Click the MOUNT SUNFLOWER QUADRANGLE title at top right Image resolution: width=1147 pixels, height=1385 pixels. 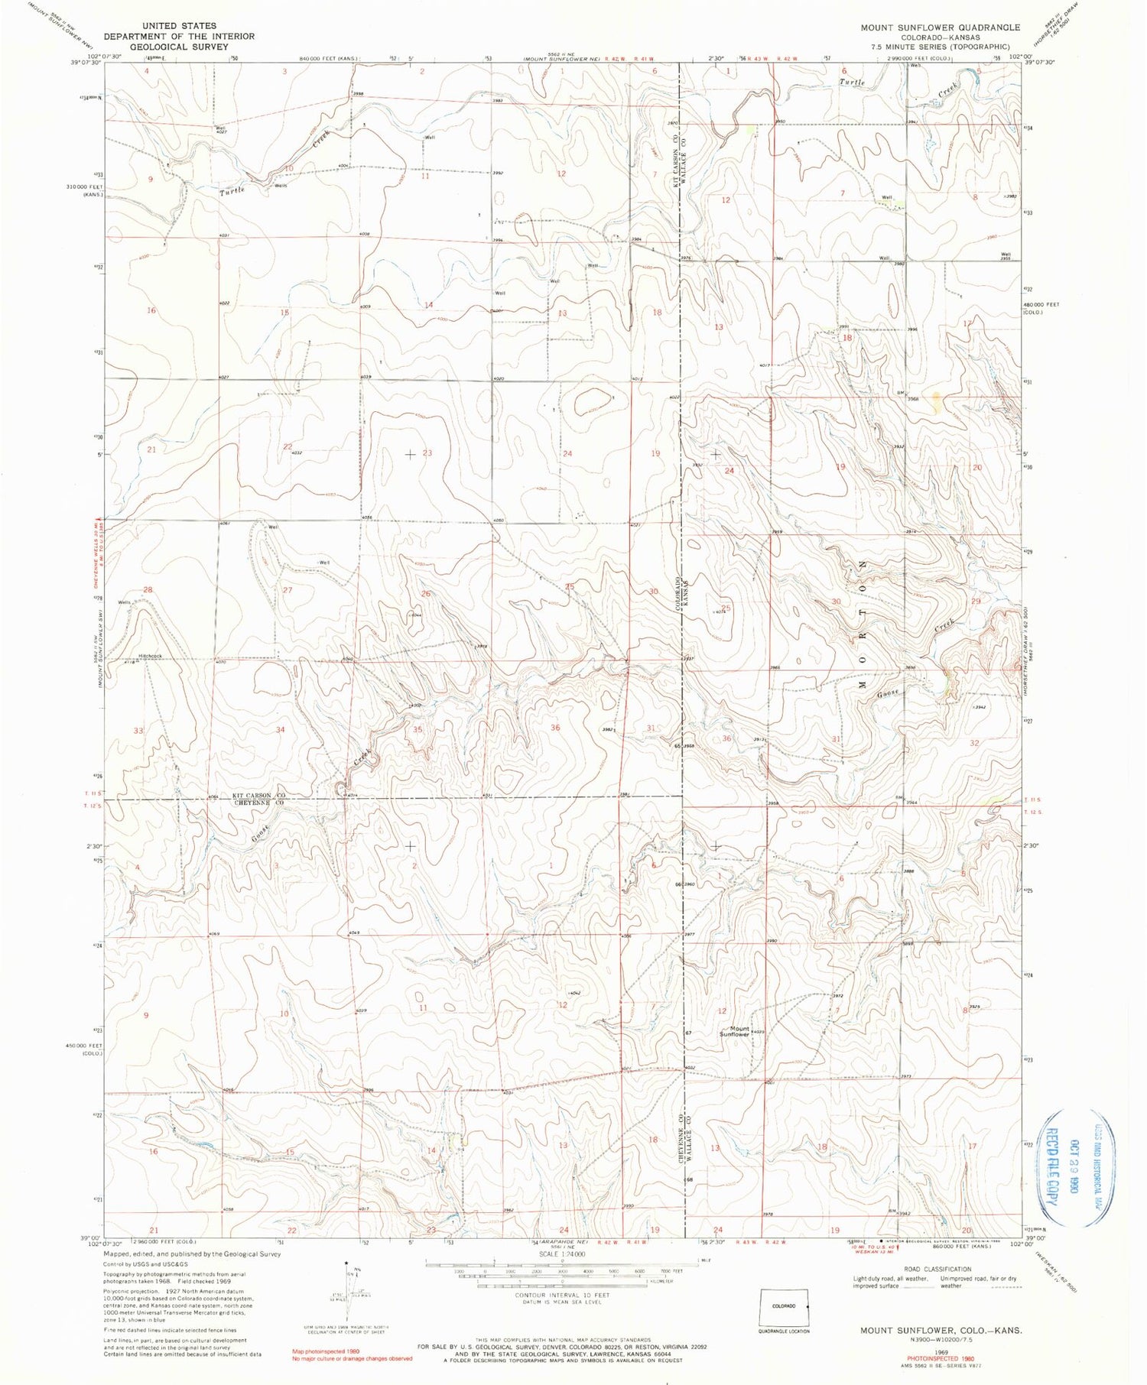pyautogui.click(x=940, y=28)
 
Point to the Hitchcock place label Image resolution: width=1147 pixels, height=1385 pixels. pyautogui.click(x=151, y=656)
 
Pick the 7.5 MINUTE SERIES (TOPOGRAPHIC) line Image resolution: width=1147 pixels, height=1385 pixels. pyautogui.click(x=940, y=46)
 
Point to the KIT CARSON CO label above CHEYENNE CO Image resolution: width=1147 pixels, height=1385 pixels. pyautogui.click(x=259, y=796)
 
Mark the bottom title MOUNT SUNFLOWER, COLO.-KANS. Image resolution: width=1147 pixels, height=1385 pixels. pyautogui.click(x=941, y=1331)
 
